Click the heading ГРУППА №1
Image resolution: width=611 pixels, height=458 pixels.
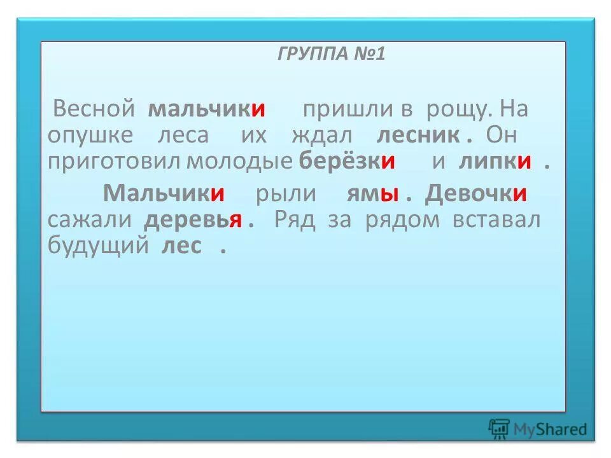tap(331, 54)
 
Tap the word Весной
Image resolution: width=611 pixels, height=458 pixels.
tap(94, 109)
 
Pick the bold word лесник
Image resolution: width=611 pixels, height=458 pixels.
tap(418, 135)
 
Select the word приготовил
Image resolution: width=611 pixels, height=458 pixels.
tap(115, 161)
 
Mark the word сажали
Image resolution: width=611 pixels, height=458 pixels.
tap(90, 219)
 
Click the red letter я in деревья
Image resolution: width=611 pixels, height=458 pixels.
tap(235, 220)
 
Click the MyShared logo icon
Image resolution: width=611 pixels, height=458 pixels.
tap(499, 429)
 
